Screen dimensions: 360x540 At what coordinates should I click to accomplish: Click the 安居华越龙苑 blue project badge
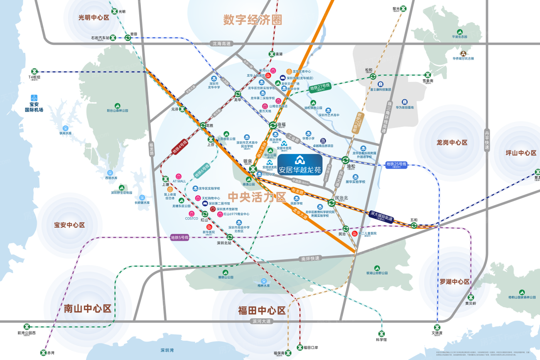tap(300, 165)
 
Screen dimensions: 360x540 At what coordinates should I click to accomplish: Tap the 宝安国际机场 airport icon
tap(34, 98)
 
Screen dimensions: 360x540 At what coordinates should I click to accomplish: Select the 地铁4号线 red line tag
tap(179, 147)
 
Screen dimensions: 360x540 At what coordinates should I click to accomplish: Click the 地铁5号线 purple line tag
tap(180, 237)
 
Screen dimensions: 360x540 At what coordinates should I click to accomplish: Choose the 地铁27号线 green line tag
tap(320, 88)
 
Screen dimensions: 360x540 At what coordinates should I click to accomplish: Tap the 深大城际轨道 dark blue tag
tap(381, 216)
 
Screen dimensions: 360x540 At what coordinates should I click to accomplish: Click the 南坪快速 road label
tap(310, 259)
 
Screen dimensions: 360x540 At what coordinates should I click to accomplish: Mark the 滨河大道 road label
tap(262, 321)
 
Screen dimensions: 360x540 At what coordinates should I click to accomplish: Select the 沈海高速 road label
tap(222, 44)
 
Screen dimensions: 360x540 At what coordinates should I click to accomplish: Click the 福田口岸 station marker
tap(300, 347)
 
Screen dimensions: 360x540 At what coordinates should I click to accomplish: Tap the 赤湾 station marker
tap(43, 352)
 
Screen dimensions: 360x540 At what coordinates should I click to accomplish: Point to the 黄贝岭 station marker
tap(471, 297)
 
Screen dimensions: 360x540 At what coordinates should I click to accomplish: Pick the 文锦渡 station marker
tap(437, 328)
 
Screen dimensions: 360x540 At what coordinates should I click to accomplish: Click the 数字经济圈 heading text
tap(253, 20)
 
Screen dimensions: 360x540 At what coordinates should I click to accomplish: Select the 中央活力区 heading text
tap(256, 197)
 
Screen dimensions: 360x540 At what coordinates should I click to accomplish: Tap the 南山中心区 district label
tap(88, 308)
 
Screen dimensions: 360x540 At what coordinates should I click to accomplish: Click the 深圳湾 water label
tap(167, 350)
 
